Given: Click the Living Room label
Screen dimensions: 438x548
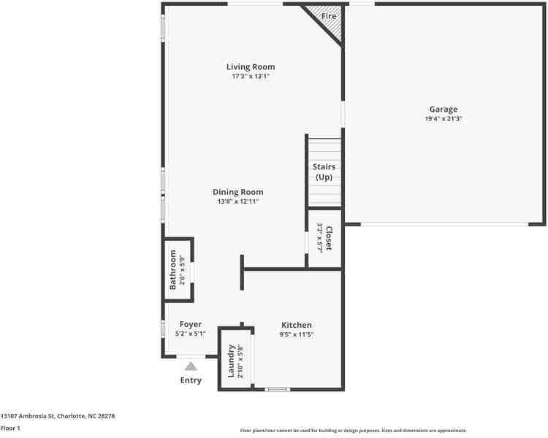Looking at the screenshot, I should pyautogui.click(x=250, y=67).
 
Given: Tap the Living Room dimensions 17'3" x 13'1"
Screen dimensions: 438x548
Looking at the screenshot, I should pyautogui.click(x=250, y=76).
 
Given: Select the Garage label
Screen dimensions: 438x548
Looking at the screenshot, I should pyautogui.click(x=444, y=109).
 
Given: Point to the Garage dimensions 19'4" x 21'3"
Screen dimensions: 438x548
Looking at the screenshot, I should pyautogui.click(x=444, y=118).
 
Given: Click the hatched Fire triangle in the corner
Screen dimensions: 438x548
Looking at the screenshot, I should pyautogui.click(x=331, y=20).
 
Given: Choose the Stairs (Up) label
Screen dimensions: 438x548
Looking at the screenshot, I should pyautogui.click(x=324, y=172).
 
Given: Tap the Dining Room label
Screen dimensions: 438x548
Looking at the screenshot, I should pyautogui.click(x=238, y=192).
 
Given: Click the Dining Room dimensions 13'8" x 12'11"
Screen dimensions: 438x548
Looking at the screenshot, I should pyautogui.click(x=238, y=201).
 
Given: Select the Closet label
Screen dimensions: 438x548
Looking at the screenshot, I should pyautogui.click(x=329, y=237).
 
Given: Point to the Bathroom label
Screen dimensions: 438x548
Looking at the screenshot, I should pyautogui.click(x=173, y=269).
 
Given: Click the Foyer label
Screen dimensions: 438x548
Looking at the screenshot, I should pyautogui.click(x=190, y=324).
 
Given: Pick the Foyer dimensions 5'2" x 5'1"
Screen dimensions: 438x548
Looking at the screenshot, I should pyautogui.click(x=190, y=334).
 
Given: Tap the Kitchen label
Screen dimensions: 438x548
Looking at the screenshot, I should pyautogui.click(x=297, y=325).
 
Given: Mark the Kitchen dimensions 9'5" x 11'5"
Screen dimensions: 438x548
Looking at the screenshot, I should pyautogui.click(x=297, y=334).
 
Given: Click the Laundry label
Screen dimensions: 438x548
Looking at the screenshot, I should pyautogui.click(x=231, y=361).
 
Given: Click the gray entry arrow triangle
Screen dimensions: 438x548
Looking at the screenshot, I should pyautogui.click(x=191, y=366).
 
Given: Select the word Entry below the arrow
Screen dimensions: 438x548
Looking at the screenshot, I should pyautogui.click(x=191, y=380).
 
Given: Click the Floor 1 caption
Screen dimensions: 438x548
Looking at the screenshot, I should pyautogui.click(x=10, y=429).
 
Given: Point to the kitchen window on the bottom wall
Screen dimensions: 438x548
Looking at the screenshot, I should pyautogui.click(x=277, y=389).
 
